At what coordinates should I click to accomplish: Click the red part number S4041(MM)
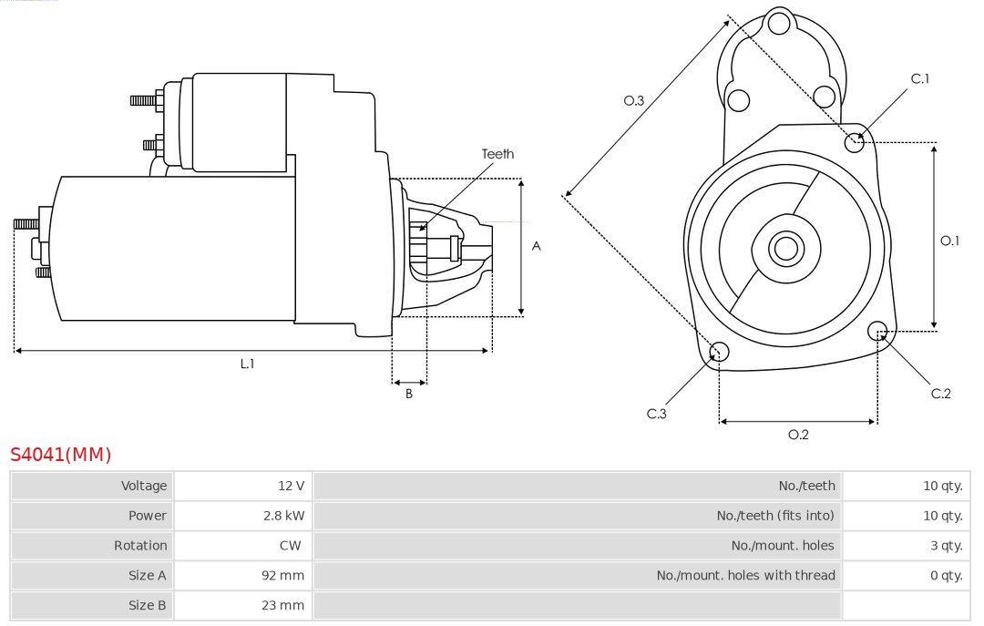click(x=60, y=455)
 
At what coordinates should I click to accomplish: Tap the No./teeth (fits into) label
click(x=774, y=516)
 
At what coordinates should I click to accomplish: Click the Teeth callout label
click(x=497, y=154)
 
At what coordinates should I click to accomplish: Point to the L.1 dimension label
click(x=247, y=364)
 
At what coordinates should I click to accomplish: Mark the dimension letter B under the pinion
click(x=409, y=395)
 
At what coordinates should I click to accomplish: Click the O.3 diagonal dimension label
click(x=634, y=101)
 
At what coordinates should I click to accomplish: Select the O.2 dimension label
click(x=798, y=435)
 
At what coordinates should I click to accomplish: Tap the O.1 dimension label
click(x=949, y=241)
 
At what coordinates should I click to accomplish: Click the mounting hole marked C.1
click(x=855, y=141)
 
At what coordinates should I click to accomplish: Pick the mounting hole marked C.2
click(x=878, y=330)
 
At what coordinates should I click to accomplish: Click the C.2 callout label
click(x=940, y=394)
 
